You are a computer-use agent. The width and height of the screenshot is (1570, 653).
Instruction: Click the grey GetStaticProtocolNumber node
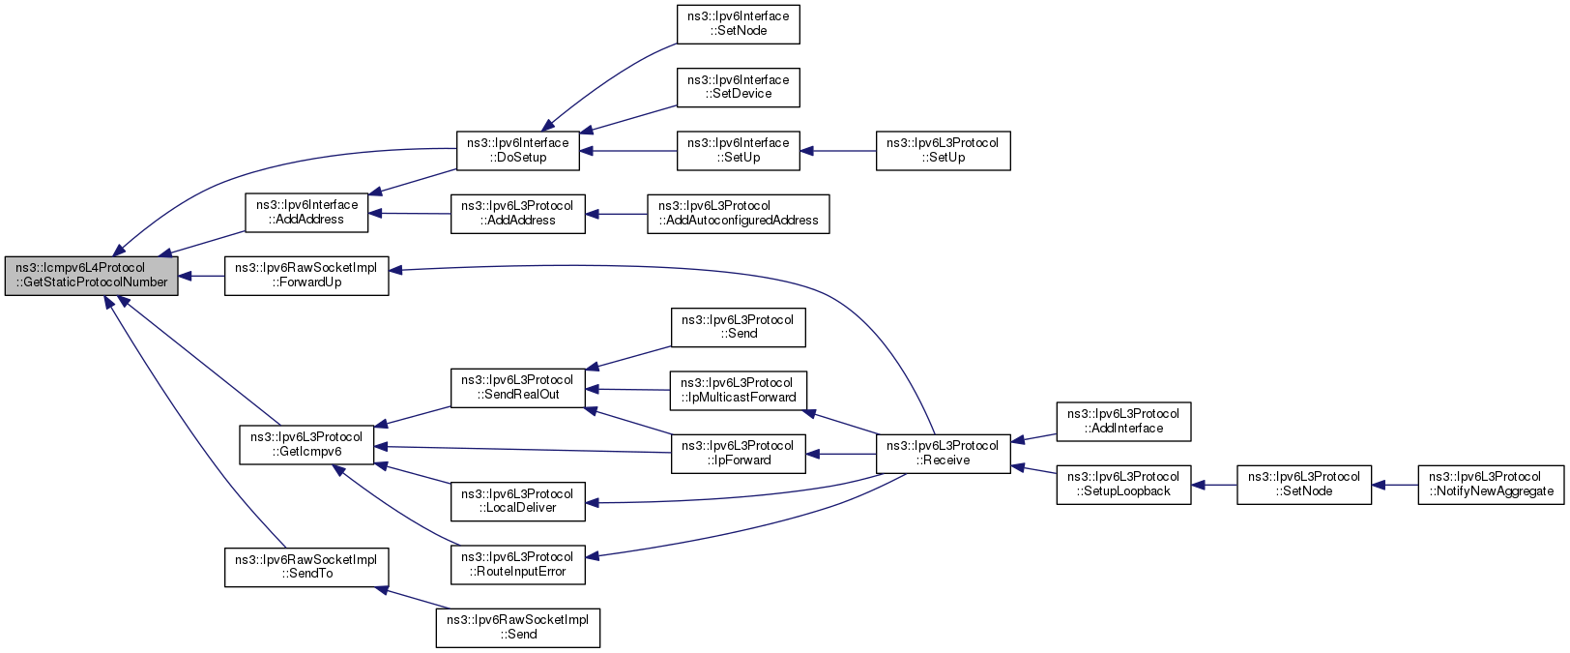click(91, 276)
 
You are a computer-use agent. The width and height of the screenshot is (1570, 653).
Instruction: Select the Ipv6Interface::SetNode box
click(738, 24)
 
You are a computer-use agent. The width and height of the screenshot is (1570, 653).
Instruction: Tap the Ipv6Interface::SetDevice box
click(738, 88)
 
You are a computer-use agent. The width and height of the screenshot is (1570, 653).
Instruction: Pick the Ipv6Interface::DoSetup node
click(518, 150)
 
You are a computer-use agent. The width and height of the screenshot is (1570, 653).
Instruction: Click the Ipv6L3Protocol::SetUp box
click(943, 150)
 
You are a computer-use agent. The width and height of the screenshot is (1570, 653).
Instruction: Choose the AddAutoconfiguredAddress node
click(738, 214)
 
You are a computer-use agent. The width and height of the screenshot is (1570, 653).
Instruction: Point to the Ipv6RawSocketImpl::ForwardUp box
click(306, 276)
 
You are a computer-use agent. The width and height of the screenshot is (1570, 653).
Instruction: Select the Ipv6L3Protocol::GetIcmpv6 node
click(306, 444)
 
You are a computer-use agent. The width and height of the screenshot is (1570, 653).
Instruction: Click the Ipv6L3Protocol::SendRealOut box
click(518, 388)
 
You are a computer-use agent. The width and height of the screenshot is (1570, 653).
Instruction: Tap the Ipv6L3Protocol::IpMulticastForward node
click(738, 391)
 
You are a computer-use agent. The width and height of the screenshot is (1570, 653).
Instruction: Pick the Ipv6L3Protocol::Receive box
click(943, 454)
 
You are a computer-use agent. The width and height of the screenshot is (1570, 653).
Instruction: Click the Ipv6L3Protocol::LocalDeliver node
click(518, 501)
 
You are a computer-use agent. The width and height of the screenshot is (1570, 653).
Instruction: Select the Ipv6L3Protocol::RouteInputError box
click(518, 565)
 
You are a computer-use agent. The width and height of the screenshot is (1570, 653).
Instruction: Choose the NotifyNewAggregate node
click(1491, 485)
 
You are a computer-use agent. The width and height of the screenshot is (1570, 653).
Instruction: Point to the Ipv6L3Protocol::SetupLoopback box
click(1123, 485)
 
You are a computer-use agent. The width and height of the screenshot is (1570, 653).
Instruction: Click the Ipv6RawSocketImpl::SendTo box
click(306, 568)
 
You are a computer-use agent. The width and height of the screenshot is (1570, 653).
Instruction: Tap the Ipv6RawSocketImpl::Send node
click(518, 628)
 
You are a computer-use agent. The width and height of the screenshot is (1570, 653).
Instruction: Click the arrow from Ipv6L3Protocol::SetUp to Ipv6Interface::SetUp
click(838, 151)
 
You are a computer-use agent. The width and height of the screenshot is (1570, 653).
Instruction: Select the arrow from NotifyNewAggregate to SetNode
click(1395, 485)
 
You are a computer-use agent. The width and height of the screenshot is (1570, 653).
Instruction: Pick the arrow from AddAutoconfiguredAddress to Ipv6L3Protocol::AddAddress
click(616, 214)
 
